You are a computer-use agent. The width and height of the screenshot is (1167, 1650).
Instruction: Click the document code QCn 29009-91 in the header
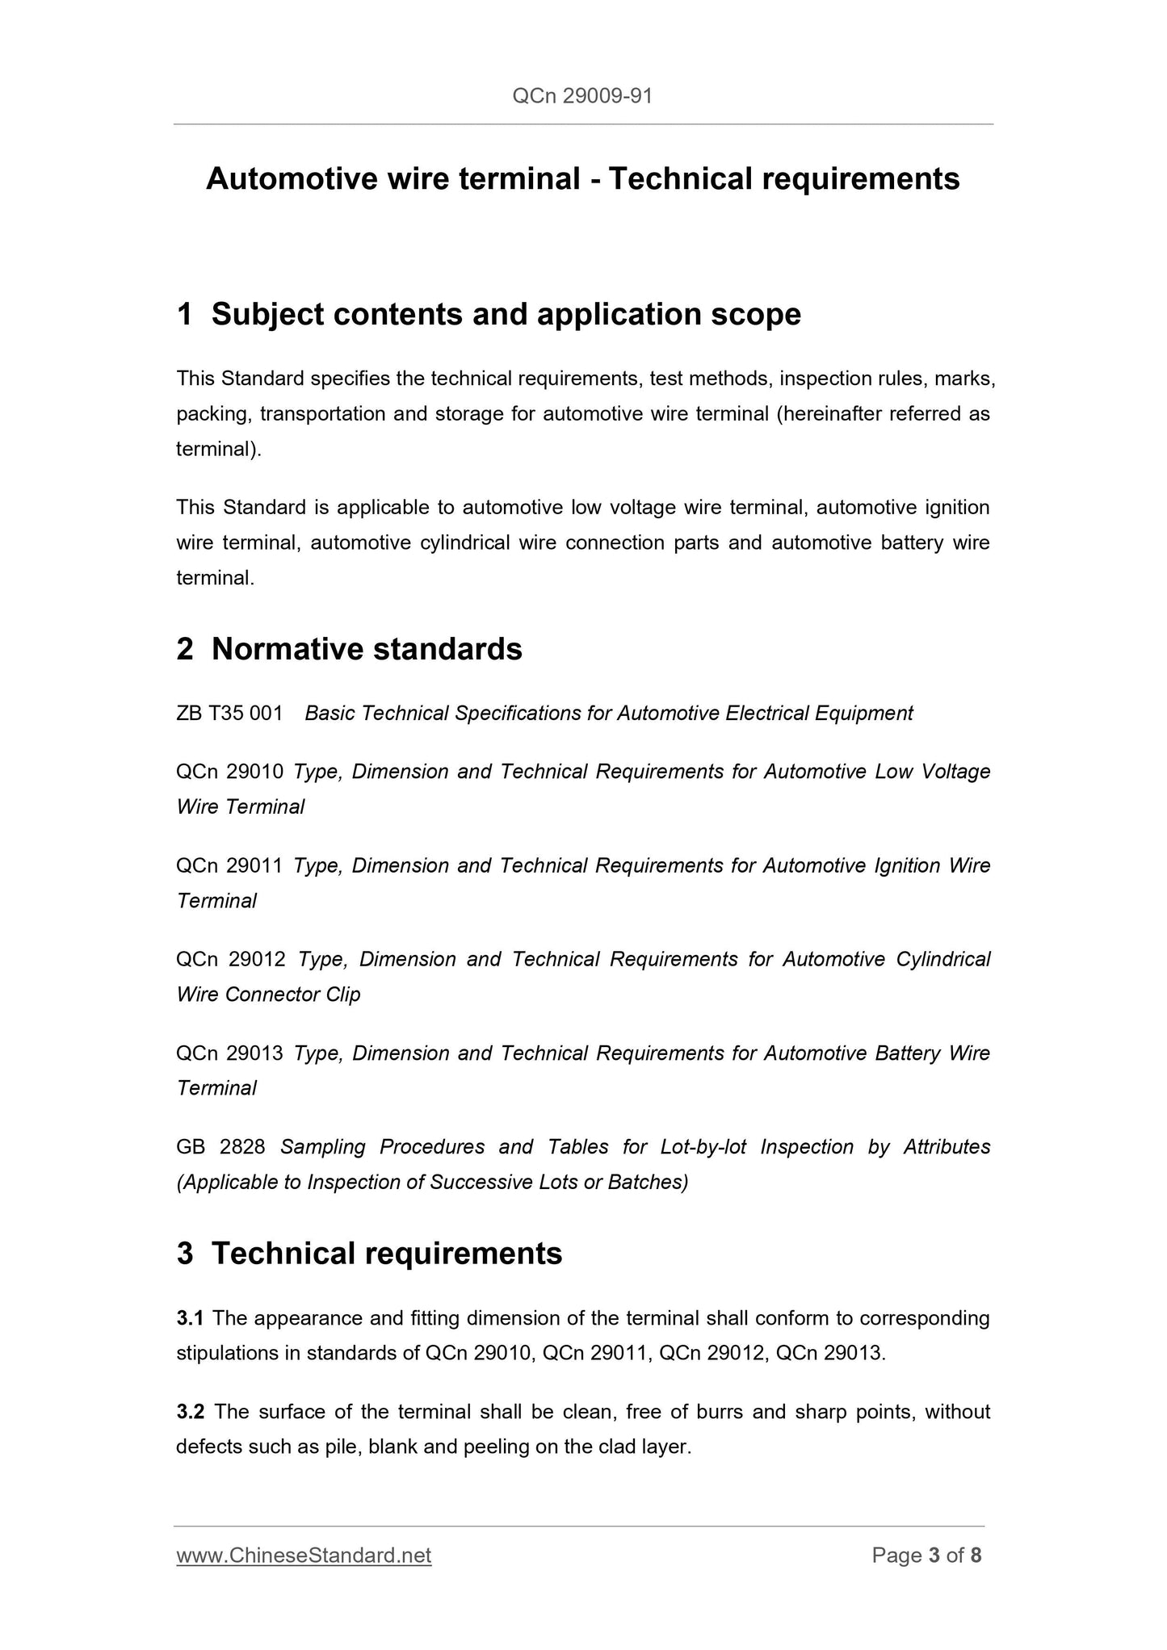pyautogui.click(x=582, y=97)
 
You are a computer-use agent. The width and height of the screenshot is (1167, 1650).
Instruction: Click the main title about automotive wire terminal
pyautogui.click(x=582, y=178)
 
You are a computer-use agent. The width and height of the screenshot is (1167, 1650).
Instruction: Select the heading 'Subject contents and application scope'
pyautogui.click(x=506, y=314)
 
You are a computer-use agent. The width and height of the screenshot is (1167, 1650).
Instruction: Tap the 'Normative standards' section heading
pyautogui.click(x=367, y=649)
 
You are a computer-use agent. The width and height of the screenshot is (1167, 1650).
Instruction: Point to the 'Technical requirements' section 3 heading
pyautogui.click(x=386, y=1254)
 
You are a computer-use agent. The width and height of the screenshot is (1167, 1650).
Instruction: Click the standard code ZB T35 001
pyautogui.click(x=229, y=714)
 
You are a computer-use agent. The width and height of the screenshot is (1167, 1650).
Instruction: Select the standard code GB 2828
pyautogui.click(x=220, y=1147)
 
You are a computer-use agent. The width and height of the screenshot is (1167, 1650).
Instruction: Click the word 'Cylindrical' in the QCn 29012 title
pyautogui.click(x=942, y=959)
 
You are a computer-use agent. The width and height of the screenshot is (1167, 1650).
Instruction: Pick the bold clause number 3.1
pyautogui.click(x=191, y=1318)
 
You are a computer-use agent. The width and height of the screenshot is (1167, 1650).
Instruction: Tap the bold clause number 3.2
pyautogui.click(x=191, y=1412)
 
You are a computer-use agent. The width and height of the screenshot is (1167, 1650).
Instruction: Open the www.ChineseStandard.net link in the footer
pyautogui.click(x=304, y=1556)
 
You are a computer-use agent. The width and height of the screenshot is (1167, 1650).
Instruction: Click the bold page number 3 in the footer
pyautogui.click(x=934, y=1556)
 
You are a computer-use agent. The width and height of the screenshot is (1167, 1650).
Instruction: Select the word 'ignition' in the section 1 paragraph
pyautogui.click(x=956, y=508)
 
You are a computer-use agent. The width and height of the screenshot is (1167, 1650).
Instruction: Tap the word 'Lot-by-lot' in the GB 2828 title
pyautogui.click(x=703, y=1147)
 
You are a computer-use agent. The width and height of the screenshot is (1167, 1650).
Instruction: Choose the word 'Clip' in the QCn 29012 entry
pyautogui.click(x=342, y=995)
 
